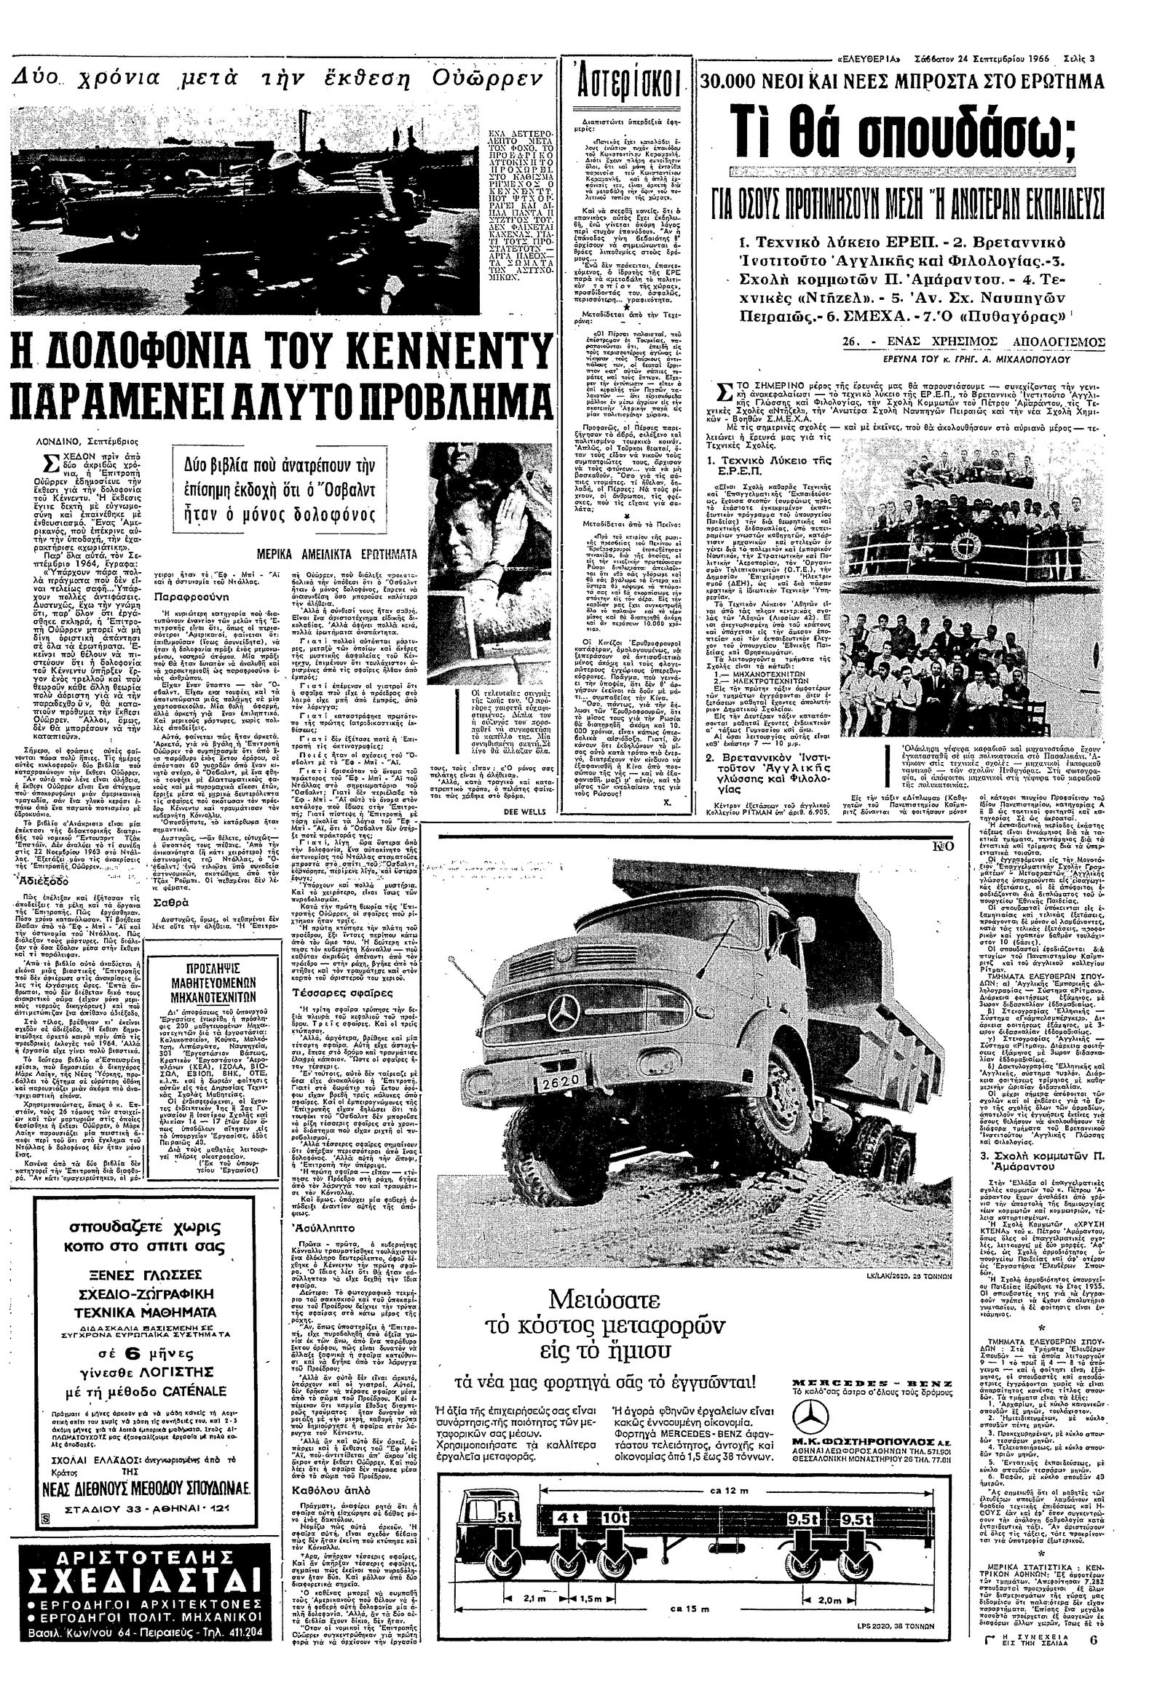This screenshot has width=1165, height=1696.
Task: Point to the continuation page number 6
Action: point(1094,1676)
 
